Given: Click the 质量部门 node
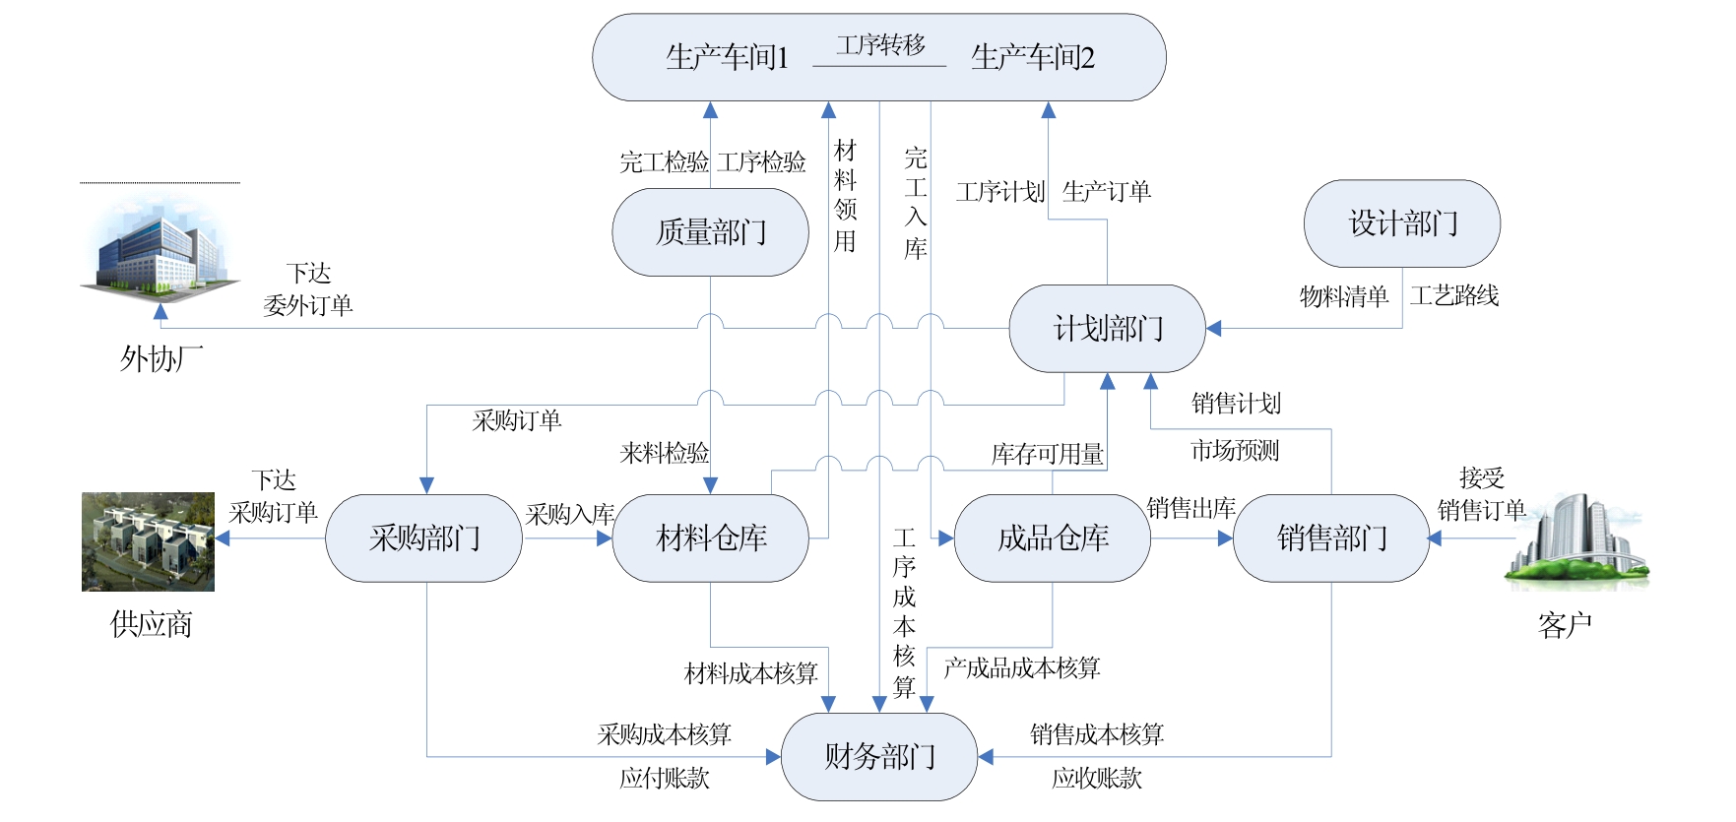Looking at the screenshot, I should [710, 232].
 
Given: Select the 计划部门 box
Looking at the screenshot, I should [1107, 329].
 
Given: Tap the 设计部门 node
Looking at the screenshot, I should [1401, 223].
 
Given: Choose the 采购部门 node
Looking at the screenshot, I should [424, 538].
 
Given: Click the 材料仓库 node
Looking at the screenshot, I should [710, 538].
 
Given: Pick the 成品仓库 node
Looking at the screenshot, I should [1052, 538].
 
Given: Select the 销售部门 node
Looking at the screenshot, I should [1330, 538].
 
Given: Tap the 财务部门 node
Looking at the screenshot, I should [878, 757].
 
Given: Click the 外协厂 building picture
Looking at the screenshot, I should [161, 246].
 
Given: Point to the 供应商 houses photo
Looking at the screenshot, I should [148, 541].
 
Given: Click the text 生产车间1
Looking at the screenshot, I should [727, 58].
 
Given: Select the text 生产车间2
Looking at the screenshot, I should [1032, 58].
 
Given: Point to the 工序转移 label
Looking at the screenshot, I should [880, 45].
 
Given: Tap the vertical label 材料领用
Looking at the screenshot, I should [845, 195].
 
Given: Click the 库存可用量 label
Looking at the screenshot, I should [1047, 454].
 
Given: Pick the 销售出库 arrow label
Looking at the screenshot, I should [1190, 509].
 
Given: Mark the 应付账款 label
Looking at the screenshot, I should [664, 779].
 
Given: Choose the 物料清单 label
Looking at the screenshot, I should [1343, 296].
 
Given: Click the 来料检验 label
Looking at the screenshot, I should [664, 453].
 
